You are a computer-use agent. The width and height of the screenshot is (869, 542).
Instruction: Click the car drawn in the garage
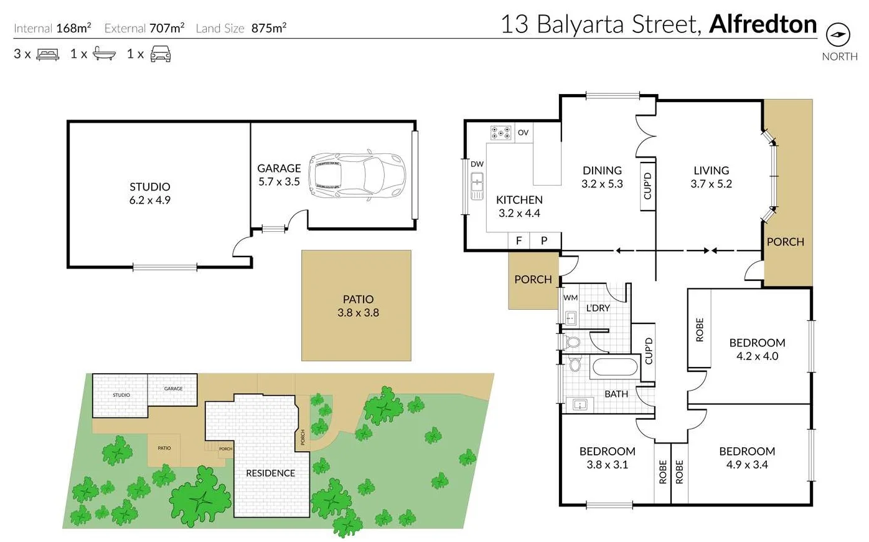pyautogui.click(x=357, y=175)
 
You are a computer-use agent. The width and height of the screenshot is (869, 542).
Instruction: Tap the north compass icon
pyautogui.click(x=838, y=34)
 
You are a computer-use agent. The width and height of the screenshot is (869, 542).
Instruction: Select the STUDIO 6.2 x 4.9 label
pyautogui.click(x=149, y=193)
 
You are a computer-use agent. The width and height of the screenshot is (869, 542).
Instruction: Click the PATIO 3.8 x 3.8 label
pyautogui.click(x=358, y=306)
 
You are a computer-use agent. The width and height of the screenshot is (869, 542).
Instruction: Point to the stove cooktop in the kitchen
pyautogui.click(x=500, y=132)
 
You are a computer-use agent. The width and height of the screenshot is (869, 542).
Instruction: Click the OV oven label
pyautogui.click(x=523, y=133)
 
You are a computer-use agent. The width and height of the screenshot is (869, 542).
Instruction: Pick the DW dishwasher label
pyautogui.click(x=477, y=164)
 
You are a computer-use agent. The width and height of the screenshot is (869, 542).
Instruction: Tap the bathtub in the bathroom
pyautogui.click(x=615, y=367)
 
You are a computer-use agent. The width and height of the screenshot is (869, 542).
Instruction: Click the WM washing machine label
pyautogui.click(x=570, y=298)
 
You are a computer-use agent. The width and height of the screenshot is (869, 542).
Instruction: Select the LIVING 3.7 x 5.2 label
pyautogui.click(x=711, y=177)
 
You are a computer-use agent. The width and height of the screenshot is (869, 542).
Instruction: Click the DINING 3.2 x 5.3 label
pyautogui.click(x=602, y=177)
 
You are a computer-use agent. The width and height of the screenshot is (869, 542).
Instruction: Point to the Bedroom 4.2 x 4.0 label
pyautogui.click(x=757, y=349)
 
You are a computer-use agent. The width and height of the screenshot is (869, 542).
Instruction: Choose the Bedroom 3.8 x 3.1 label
pyautogui.click(x=607, y=458)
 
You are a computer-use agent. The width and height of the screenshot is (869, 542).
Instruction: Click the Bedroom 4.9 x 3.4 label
pyautogui.click(x=746, y=458)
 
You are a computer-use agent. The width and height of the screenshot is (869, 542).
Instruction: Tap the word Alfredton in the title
pyautogui.click(x=763, y=24)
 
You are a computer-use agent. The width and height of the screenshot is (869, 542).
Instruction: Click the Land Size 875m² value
pyautogui.click(x=269, y=28)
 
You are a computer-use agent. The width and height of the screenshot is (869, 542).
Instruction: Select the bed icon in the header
pyautogui.click(x=48, y=54)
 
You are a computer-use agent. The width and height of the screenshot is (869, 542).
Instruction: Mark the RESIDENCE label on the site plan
pyautogui.click(x=270, y=473)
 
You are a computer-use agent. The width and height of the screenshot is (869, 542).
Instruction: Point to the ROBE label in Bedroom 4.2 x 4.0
pyautogui.click(x=700, y=330)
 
